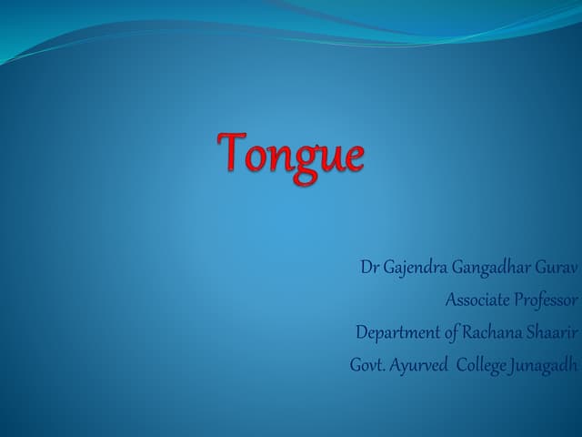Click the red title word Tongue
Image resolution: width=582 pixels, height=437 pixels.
click(291, 154)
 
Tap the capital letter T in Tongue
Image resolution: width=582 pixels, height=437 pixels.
click(232, 151)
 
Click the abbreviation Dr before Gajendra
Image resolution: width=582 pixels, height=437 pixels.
click(369, 269)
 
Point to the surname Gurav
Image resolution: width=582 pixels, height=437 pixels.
click(557, 269)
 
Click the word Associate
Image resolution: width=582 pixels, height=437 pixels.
click(477, 300)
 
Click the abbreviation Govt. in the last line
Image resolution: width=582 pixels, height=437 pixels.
click(369, 363)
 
